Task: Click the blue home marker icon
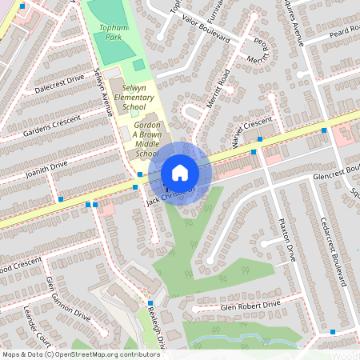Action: (180, 173)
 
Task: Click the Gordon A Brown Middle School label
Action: (143, 141)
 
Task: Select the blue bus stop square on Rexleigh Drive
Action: (150, 302)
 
